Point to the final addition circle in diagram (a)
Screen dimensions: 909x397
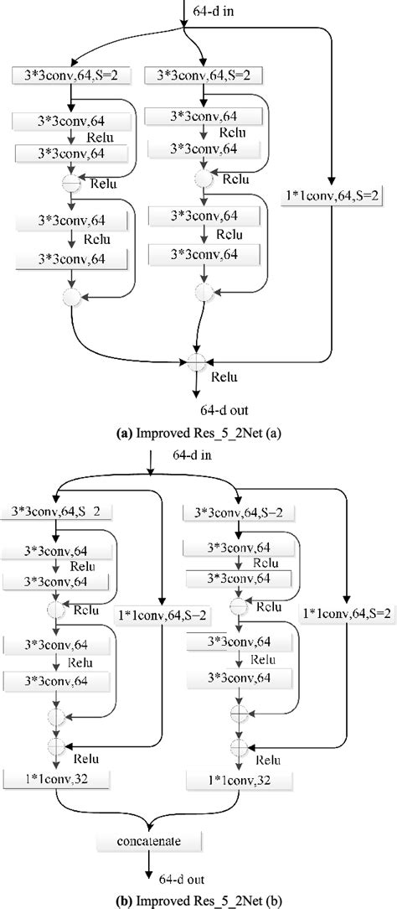tap(196, 362)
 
